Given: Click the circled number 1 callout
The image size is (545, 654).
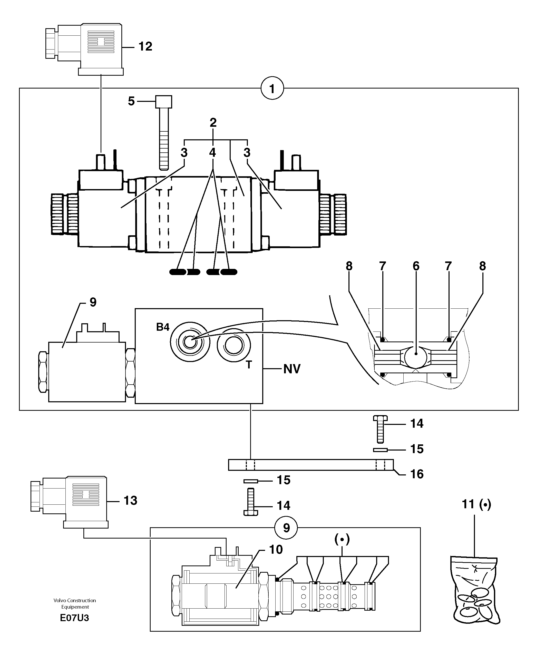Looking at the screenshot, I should [x=272, y=89].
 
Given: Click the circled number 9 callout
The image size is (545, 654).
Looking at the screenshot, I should [x=286, y=528].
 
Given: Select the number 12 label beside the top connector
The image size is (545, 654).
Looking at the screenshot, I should [x=145, y=46].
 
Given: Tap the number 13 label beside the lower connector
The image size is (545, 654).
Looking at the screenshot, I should [x=130, y=501].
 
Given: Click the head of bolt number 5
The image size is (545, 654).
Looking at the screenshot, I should [x=164, y=102].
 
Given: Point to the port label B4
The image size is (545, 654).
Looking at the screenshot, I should [x=163, y=327].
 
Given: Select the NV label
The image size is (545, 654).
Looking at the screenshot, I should [x=291, y=369].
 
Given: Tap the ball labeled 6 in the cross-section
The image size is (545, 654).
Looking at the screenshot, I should [x=416, y=354].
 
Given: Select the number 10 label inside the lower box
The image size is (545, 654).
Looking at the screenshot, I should [x=276, y=549].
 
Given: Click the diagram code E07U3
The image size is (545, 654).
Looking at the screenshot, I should [x=74, y=618].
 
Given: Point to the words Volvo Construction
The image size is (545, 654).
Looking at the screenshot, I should [x=74, y=600].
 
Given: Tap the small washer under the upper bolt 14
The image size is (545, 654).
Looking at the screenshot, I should [x=380, y=450].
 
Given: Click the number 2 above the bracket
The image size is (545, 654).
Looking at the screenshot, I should [x=213, y=123].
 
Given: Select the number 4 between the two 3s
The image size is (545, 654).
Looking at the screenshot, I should [x=212, y=153].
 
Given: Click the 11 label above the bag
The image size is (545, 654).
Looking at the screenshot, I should [x=468, y=504].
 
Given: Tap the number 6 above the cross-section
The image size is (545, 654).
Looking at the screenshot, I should [x=416, y=266].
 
